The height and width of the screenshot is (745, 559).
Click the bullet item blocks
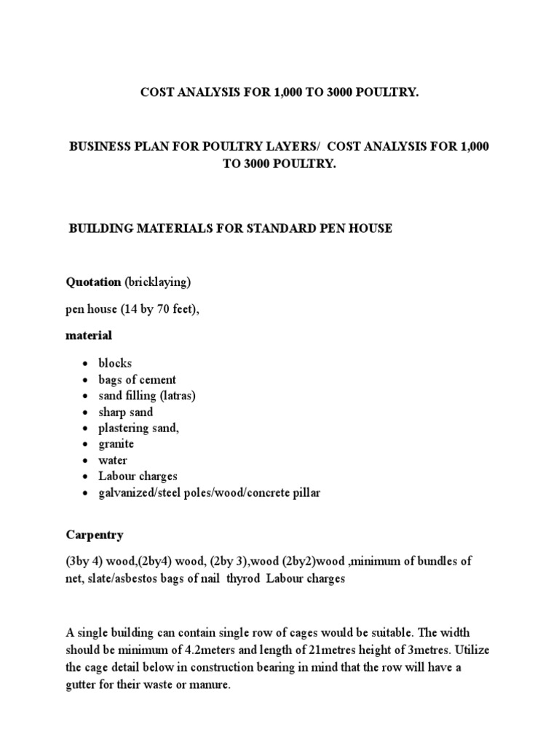click(x=116, y=363)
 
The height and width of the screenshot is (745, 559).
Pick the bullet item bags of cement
click(x=138, y=379)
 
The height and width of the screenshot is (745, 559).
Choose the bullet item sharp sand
click(x=126, y=412)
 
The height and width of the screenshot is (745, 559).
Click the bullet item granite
click(x=116, y=444)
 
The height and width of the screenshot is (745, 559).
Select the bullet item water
click(x=113, y=460)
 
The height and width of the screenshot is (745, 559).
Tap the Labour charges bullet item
click(x=138, y=476)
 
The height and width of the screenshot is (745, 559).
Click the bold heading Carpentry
click(x=95, y=535)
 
